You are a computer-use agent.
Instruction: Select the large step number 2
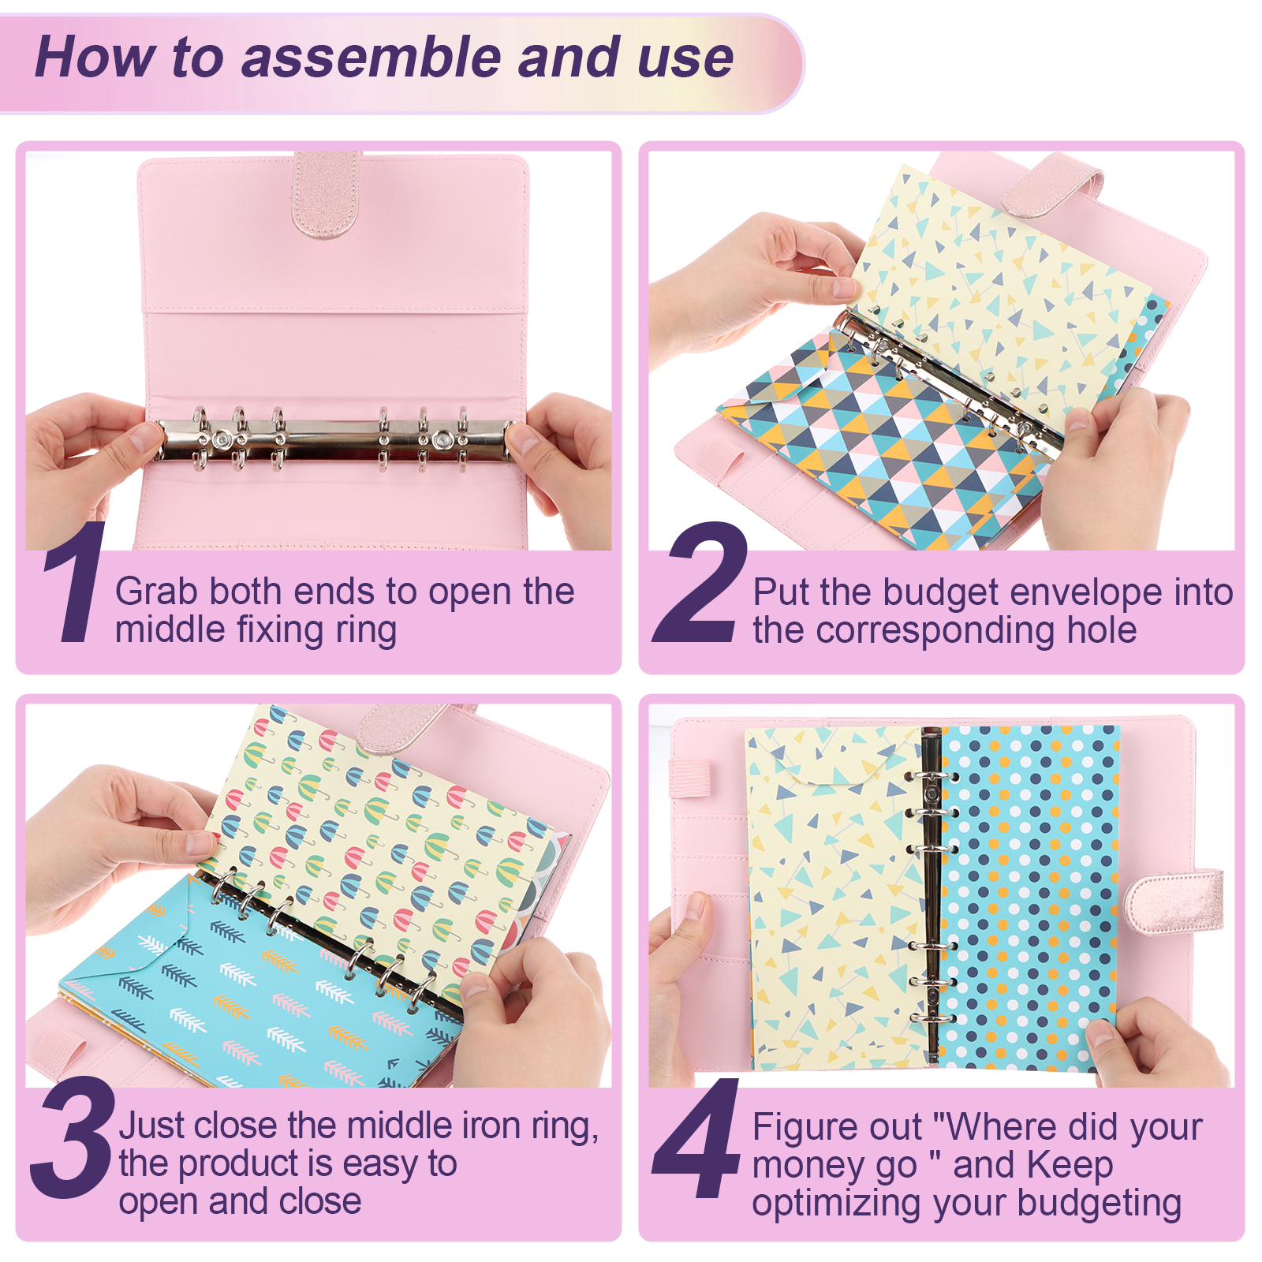coord(698,582)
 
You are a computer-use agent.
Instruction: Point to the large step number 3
coord(73,1137)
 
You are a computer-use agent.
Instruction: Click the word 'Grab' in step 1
coord(159,592)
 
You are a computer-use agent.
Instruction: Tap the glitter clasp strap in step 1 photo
coord(327,194)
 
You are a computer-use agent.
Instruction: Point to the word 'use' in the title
coord(685,58)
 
